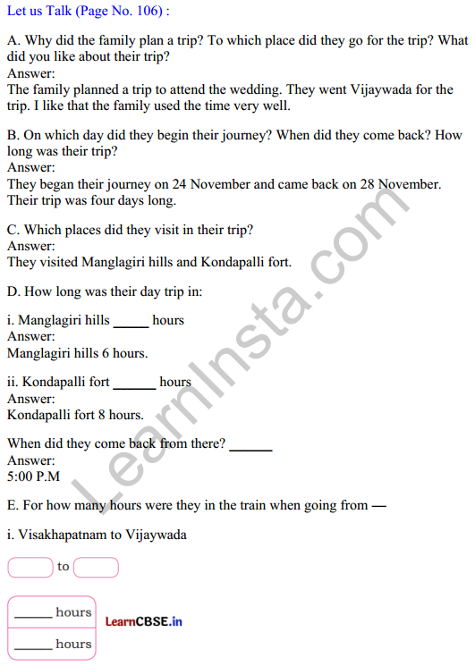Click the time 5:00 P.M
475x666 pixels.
33,476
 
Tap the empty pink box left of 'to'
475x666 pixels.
30,567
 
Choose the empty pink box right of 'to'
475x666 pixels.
96,567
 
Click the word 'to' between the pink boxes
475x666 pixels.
63,567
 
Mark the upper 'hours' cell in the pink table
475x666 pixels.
52,612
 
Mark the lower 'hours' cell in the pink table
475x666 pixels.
52,644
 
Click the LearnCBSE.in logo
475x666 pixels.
143,621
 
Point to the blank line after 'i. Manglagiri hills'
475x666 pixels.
131,325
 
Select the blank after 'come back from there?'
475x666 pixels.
250,448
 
